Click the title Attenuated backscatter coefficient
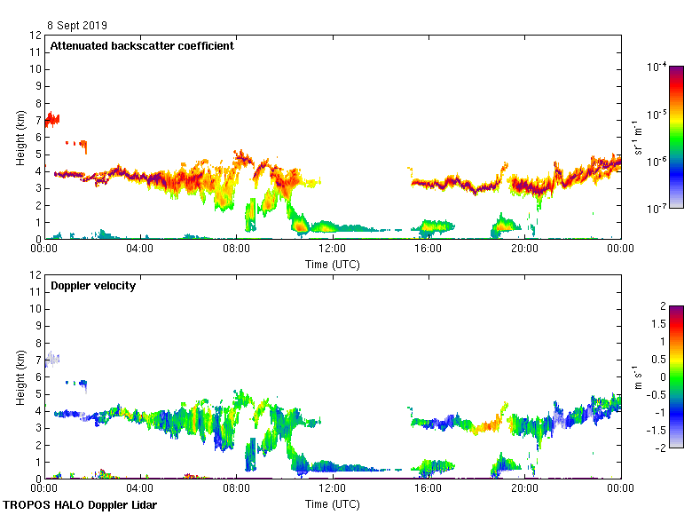[x=142, y=46]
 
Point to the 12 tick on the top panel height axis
[x=36, y=36]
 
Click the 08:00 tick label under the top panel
[x=236, y=250]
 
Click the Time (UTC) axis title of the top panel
[x=333, y=264]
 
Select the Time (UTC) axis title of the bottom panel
[x=333, y=503]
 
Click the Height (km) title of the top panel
[x=20, y=138]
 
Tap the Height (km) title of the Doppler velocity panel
[x=20, y=377]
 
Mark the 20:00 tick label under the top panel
[x=524, y=250]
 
